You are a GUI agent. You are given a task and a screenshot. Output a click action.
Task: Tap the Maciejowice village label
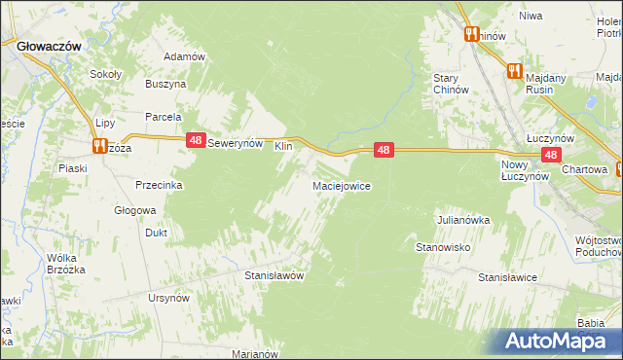point(340,185)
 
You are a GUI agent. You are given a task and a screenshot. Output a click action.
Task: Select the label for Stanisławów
point(275,275)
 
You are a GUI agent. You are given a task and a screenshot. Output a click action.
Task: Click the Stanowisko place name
point(444,247)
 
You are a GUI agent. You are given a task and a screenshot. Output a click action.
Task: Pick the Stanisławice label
point(507,277)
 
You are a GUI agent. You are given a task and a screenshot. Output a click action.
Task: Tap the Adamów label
point(184,56)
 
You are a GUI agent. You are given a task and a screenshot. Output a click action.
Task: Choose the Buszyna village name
point(165,85)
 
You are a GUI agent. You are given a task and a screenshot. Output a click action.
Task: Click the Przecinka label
point(161,185)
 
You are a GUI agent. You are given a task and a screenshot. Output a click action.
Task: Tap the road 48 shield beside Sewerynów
point(196,141)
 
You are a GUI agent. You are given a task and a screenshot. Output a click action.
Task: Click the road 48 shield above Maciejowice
point(385,150)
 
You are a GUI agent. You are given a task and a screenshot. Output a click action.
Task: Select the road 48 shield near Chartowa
point(551,155)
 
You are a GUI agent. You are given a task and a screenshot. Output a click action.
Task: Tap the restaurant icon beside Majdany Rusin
point(513,71)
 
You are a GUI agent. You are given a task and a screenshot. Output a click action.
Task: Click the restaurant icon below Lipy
point(99,146)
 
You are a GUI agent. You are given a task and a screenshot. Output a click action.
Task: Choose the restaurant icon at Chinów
point(471,34)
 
